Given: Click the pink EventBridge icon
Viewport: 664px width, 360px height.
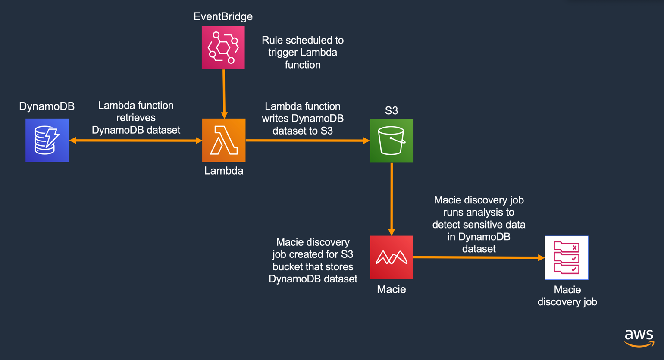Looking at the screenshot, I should click(x=223, y=47).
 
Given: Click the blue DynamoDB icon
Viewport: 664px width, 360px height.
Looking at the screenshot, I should click(x=47, y=140).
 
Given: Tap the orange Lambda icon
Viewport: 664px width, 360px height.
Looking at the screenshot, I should click(x=224, y=140).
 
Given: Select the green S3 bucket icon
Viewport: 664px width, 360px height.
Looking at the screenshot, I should click(x=392, y=141).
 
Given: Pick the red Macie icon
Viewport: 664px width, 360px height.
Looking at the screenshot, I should click(x=392, y=257).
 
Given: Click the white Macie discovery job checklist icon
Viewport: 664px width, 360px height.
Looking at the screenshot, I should click(x=567, y=258).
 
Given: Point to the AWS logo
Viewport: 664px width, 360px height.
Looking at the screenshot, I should click(x=639, y=338).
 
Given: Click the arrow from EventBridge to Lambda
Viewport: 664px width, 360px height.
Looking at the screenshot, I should click(x=224, y=93).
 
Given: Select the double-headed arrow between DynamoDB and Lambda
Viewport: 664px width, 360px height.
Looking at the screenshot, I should click(x=136, y=141).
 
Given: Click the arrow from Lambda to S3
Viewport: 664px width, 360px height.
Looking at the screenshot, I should click(x=307, y=141).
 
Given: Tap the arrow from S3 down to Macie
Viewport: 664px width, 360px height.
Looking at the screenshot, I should click(x=392, y=198).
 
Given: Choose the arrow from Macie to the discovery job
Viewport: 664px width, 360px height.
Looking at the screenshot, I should click(x=479, y=257).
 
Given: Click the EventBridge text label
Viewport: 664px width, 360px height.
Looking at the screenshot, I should click(x=223, y=16).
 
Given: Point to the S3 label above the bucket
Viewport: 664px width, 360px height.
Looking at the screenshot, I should click(x=391, y=111).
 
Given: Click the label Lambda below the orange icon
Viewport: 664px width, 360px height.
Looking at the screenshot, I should click(x=224, y=171).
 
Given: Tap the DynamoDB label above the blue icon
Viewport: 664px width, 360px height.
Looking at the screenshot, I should click(x=47, y=106).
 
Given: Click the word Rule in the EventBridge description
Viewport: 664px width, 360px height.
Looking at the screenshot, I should click(x=272, y=41).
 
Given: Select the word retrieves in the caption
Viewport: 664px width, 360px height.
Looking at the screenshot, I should click(x=136, y=118).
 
